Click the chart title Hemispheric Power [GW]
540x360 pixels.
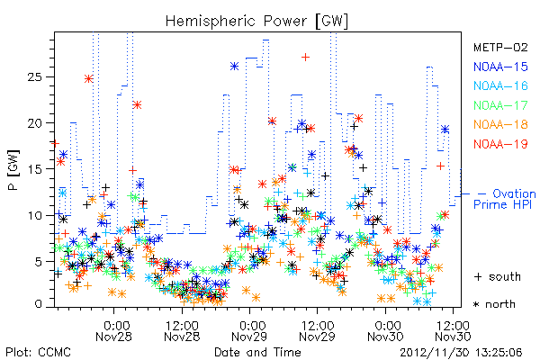(x=256, y=21)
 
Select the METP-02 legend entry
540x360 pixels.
(x=500, y=47)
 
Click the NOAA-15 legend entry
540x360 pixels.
(x=500, y=67)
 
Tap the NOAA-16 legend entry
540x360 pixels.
(x=500, y=85)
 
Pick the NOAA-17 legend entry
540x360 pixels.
(x=500, y=105)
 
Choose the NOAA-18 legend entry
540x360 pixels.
(x=500, y=124)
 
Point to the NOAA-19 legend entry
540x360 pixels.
(x=500, y=144)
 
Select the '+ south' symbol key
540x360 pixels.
(x=498, y=276)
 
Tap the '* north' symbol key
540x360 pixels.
(x=494, y=304)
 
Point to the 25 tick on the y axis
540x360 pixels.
(x=34, y=76)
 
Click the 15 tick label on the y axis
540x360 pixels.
(x=34, y=169)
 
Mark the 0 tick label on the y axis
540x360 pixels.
(x=38, y=304)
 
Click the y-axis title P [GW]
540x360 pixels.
(x=13, y=169)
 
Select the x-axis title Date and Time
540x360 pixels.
(x=257, y=353)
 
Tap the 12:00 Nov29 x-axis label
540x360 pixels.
(x=317, y=331)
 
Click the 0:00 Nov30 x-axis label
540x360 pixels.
(x=385, y=331)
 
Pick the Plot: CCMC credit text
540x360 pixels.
(x=38, y=353)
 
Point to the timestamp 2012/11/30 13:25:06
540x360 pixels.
(x=461, y=353)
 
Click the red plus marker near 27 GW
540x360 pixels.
(x=305, y=58)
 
